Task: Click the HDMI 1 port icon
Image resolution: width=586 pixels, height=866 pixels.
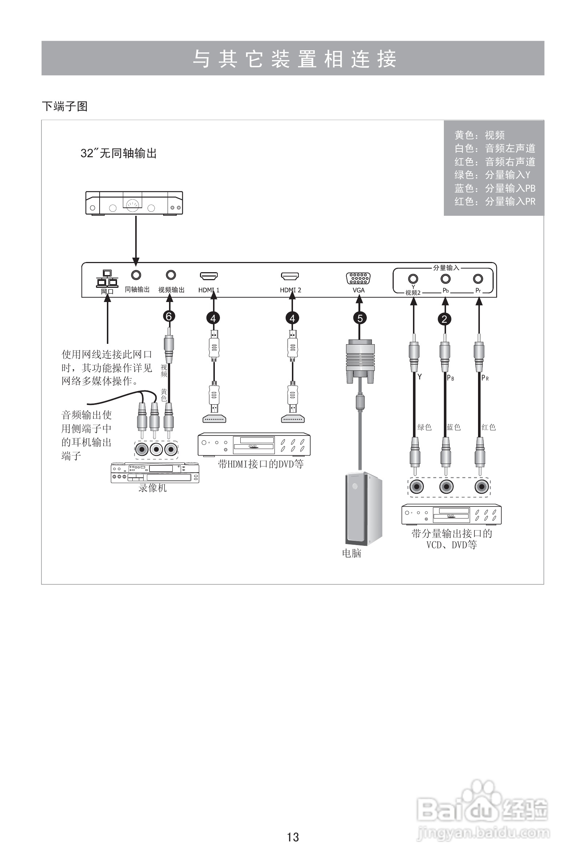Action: (x=209, y=276)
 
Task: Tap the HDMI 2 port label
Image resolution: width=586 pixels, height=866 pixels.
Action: (x=290, y=290)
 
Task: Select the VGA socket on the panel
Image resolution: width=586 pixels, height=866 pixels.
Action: (x=358, y=278)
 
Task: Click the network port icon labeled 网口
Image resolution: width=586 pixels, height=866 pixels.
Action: (x=107, y=279)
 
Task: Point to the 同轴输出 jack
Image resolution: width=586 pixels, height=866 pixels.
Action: (x=136, y=275)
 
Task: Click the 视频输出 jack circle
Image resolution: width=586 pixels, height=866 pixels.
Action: (x=171, y=275)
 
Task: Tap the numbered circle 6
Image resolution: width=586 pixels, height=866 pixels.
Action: (x=169, y=316)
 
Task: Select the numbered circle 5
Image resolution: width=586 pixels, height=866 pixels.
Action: (x=360, y=318)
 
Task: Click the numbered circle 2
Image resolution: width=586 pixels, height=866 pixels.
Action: (x=444, y=319)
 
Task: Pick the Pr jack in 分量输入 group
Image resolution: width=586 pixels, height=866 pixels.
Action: (x=478, y=279)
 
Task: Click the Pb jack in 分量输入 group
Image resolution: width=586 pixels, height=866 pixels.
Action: (x=445, y=279)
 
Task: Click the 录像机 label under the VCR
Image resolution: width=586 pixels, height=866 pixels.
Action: (x=152, y=488)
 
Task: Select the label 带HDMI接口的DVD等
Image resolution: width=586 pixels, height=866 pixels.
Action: (x=261, y=464)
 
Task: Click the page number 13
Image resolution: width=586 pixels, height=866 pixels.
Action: (x=293, y=837)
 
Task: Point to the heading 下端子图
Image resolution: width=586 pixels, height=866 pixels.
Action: (x=65, y=107)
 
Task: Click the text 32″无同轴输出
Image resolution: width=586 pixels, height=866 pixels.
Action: (x=119, y=153)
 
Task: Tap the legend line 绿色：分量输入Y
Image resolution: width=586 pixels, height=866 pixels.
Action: (x=492, y=175)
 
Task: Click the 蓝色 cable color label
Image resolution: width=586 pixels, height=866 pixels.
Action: (x=453, y=427)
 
